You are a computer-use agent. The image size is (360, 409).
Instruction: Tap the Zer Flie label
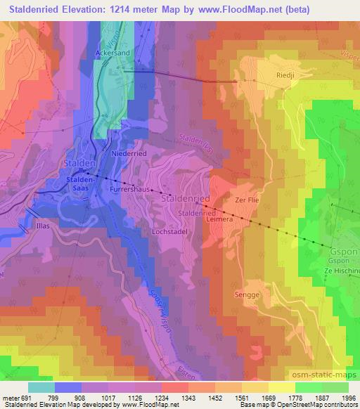click(247, 200)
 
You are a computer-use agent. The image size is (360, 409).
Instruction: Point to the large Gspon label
click(343, 252)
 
